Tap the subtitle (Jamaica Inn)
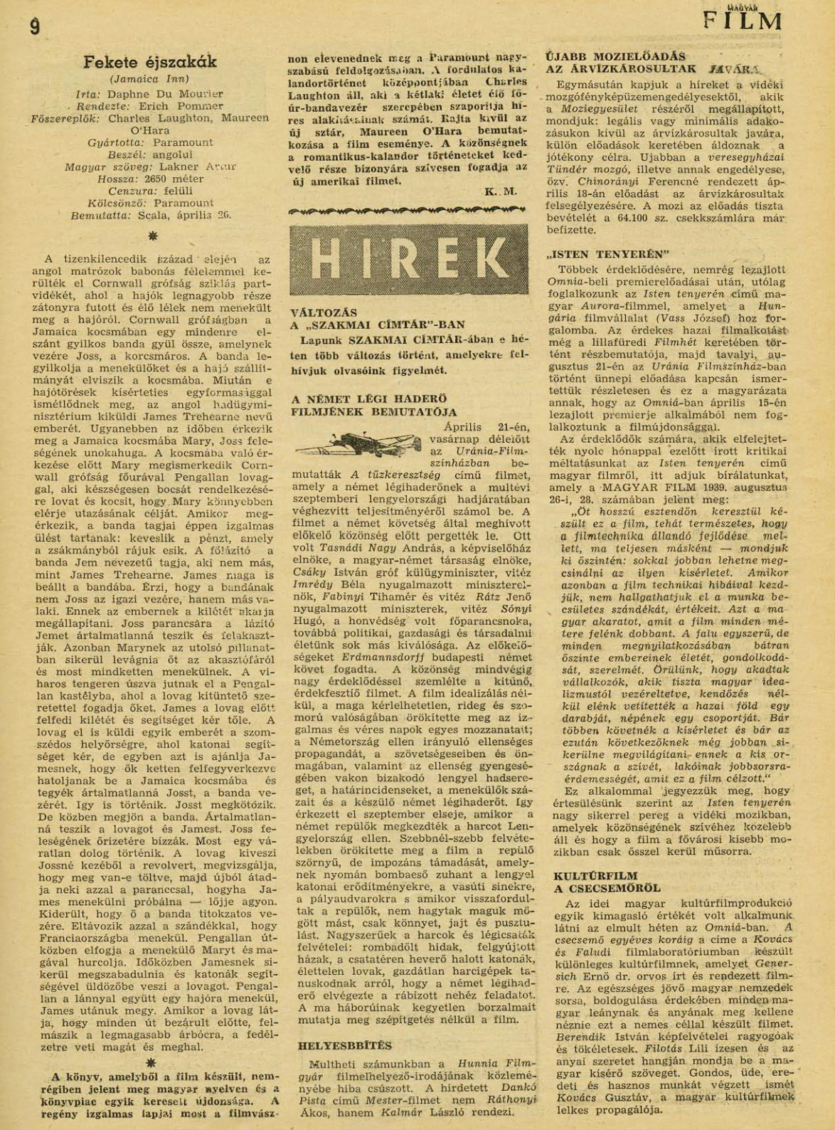coord(149,79)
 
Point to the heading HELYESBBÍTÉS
coord(341,1045)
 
